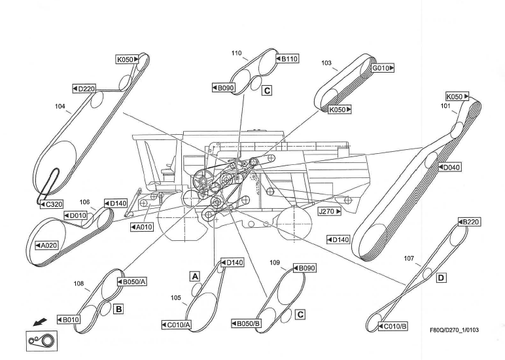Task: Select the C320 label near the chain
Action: point(51,204)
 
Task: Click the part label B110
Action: point(287,59)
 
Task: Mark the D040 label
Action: point(451,168)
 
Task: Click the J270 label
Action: point(329,211)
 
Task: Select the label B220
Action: point(469,222)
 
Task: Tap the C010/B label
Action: point(393,325)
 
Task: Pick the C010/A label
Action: point(176,325)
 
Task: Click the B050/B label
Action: point(246,323)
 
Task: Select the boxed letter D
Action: point(441,278)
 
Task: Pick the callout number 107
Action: point(409,259)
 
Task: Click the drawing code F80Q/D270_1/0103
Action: point(454,329)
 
